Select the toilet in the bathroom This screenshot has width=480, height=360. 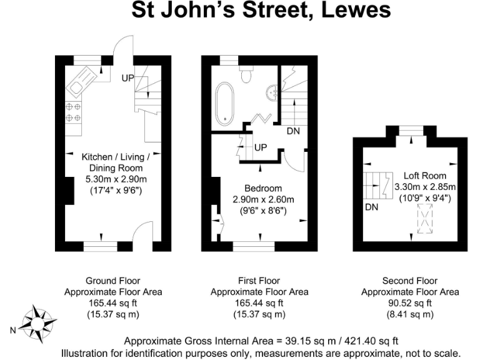(247, 75)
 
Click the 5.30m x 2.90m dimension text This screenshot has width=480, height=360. (112, 179)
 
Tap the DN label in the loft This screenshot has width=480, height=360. (371, 207)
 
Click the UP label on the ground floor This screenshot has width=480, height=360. (128, 78)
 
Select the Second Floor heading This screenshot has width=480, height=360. (410, 281)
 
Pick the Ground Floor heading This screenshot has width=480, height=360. (113, 281)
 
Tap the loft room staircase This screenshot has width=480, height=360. (376, 185)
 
